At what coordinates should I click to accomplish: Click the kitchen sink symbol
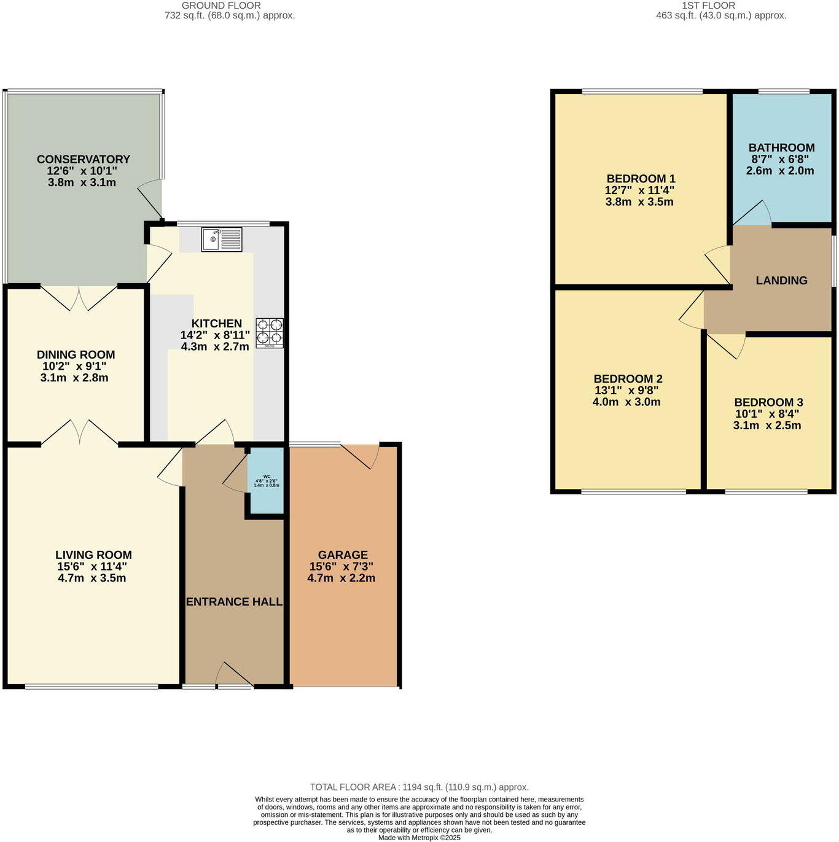[222, 239]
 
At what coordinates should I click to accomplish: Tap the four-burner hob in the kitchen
[270, 332]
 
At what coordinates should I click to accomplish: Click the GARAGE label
[343, 555]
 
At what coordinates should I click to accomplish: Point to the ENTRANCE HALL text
[234, 602]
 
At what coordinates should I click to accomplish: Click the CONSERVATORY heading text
[84, 159]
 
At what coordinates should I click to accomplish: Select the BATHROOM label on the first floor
[781, 147]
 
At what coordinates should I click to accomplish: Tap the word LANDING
[781, 280]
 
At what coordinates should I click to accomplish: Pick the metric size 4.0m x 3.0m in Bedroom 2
[626, 402]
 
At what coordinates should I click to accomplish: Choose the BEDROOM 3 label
[768, 402]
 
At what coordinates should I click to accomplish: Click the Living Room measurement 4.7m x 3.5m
[93, 578]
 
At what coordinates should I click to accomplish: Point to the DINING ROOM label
[76, 354]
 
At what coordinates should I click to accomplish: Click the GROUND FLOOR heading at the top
[221, 5]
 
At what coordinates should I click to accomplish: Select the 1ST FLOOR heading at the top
[708, 5]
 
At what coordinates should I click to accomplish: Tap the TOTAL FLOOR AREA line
[419, 787]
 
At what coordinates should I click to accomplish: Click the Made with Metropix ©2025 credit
[419, 837]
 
